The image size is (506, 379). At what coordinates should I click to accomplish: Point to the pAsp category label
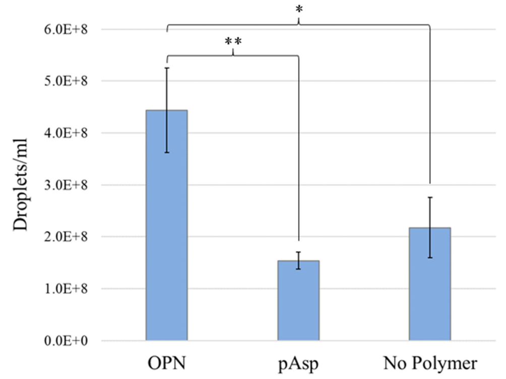pyautogui.click(x=298, y=363)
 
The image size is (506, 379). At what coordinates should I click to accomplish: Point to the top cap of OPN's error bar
pyautogui.click(x=167, y=68)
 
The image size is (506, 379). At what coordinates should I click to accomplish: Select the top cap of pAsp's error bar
pyautogui.click(x=298, y=252)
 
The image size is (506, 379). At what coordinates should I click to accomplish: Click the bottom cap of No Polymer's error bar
pyautogui.click(x=430, y=258)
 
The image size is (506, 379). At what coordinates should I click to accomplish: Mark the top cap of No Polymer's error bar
pyautogui.click(x=430, y=197)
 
